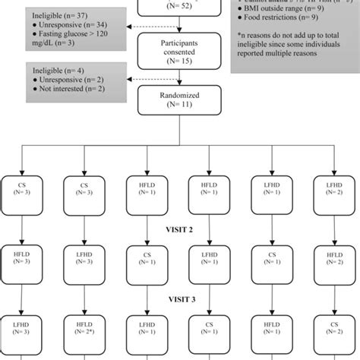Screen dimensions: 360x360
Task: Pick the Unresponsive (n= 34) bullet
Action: pos(65,25)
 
